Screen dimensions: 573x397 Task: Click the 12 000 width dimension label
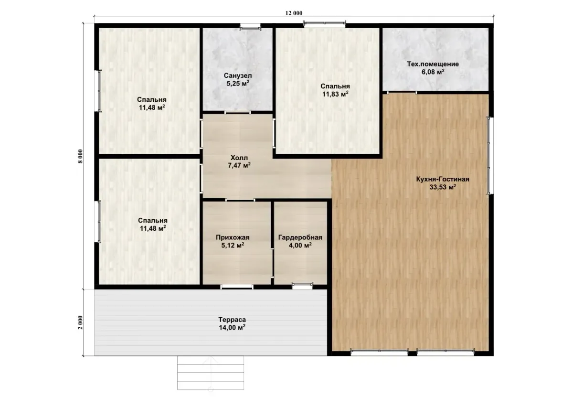[294, 13]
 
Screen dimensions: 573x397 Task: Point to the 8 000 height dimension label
[81, 156]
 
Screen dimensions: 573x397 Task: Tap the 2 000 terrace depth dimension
[81, 322]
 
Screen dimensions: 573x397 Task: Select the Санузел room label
[238, 75]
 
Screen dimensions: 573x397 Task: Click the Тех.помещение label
[433, 64]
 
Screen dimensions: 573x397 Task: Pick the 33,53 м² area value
[443, 187]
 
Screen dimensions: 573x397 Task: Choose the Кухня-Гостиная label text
[443, 179]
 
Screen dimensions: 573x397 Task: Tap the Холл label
[239, 158]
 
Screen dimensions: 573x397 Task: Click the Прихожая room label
[233, 237]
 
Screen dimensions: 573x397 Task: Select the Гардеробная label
[300, 237]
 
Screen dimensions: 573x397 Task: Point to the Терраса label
[232, 320]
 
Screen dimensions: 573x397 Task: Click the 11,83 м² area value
[335, 94]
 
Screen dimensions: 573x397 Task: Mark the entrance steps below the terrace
[211, 373]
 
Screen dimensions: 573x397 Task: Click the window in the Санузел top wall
[250, 26]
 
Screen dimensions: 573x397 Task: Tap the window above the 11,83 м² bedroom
[324, 24]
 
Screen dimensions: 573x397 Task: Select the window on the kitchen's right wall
[489, 155]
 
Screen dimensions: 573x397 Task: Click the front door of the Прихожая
[237, 287]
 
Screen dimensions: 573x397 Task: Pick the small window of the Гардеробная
[302, 285]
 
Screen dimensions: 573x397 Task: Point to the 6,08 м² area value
[433, 72]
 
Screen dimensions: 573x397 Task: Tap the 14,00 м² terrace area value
[232, 327]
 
